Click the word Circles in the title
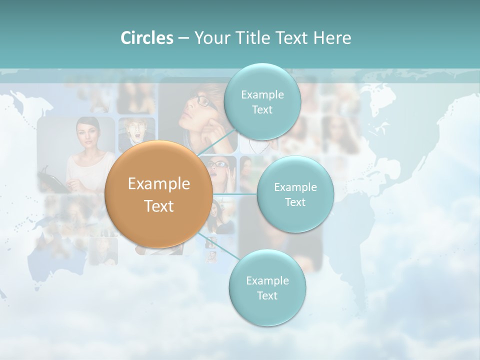click(x=146, y=38)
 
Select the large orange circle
click(x=159, y=194)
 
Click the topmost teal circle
click(x=262, y=102)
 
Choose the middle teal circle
click(x=295, y=194)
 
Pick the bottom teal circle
click(x=267, y=288)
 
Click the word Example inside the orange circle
click(x=159, y=184)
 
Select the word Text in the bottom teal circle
click(x=267, y=295)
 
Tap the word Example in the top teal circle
click(x=262, y=94)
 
